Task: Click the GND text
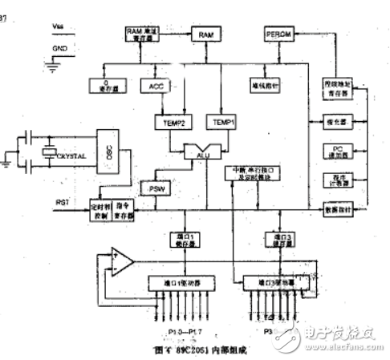point(55,49)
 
